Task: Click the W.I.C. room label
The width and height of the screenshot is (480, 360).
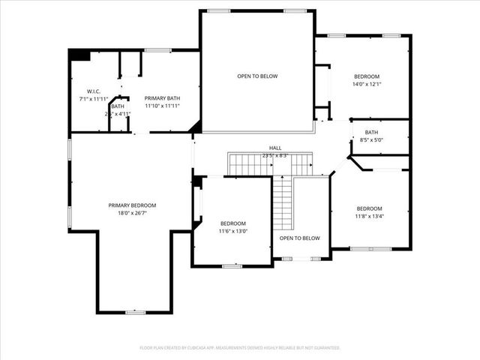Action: (x=94, y=91)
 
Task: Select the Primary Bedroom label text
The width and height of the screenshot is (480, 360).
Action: (x=132, y=205)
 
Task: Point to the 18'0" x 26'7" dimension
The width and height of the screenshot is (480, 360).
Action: (x=132, y=213)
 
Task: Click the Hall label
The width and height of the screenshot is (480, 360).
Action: (x=275, y=148)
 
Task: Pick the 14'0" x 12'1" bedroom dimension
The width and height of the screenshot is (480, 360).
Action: (x=367, y=84)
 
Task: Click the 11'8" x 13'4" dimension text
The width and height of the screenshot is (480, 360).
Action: (x=369, y=216)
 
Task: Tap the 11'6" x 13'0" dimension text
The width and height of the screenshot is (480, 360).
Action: (x=233, y=231)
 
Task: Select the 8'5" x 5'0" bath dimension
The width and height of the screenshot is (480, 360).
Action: (x=372, y=139)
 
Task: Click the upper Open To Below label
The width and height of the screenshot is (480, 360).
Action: (x=258, y=76)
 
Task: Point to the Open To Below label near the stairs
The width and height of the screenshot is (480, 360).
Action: (x=299, y=238)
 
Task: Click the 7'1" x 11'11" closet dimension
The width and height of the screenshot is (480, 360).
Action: (x=94, y=99)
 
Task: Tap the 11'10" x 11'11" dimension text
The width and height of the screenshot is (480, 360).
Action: (x=161, y=106)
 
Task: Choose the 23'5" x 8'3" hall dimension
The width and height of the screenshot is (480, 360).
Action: (x=275, y=155)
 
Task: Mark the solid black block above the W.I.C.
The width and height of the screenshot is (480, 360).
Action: (x=79, y=55)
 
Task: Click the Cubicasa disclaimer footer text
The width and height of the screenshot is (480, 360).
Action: (x=240, y=348)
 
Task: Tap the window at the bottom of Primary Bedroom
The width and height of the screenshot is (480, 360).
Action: (x=136, y=312)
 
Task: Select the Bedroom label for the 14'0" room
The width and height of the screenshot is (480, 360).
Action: (x=367, y=76)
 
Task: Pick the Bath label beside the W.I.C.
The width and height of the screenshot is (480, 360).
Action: (x=118, y=106)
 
